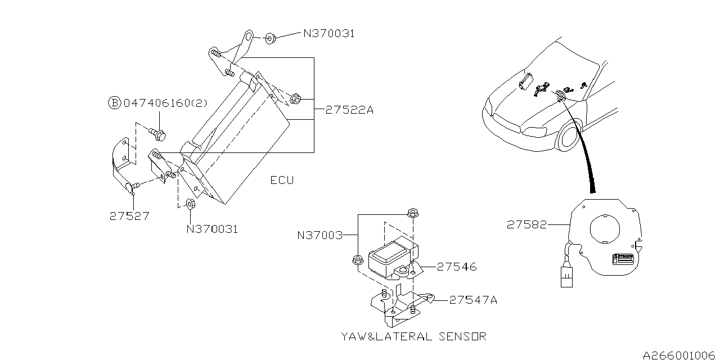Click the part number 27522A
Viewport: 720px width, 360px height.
click(x=349, y=110)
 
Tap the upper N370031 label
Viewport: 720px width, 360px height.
click(x=329, y=34)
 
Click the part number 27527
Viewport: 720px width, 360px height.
click(x=129, y=215)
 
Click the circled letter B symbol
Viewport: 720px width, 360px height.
click(x=114, y=103)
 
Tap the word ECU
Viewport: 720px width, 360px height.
click(x=282, y=180)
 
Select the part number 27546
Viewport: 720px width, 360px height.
click(x=456, y=267)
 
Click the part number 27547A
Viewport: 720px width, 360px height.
click(x=472, y=300)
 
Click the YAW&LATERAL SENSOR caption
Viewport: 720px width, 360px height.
click(x=413, y=336)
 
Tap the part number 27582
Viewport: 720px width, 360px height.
click(x=526, y=224)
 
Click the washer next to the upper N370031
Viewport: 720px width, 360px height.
click(x=269, y=39)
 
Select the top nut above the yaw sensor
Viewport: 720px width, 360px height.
click(x=412, y=213)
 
